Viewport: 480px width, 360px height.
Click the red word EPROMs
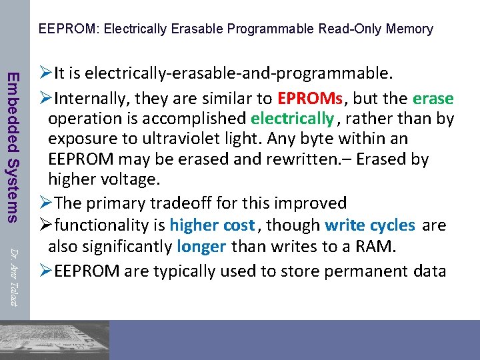point(310,99)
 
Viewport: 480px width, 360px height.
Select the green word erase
point(433,99)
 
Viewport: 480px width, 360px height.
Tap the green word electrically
point(292,119)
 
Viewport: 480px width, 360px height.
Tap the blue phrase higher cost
point(213,225)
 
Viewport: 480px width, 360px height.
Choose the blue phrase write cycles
point(370,225)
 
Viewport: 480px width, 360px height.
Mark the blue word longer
point(202,247)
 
